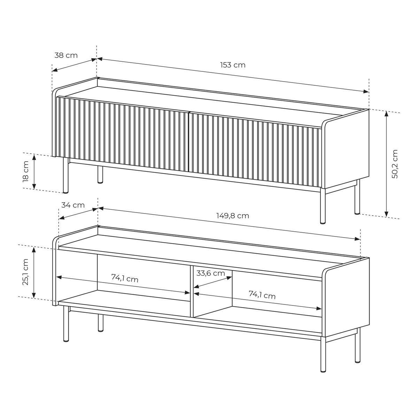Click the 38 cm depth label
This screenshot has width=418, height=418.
[66, 55]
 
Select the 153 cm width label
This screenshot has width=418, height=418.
[233, 65]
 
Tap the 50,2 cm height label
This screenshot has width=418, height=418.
[395, 164]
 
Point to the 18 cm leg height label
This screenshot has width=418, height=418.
[25, 171]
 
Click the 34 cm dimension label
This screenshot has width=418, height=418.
[73, 205]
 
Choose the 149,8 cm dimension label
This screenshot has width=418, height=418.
[233, 216]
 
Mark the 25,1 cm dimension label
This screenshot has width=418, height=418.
[25, 272]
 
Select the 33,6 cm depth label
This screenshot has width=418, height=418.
[211, 273]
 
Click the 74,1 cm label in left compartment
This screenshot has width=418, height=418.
[125, 278]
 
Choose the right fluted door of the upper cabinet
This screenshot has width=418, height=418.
[255, 150]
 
